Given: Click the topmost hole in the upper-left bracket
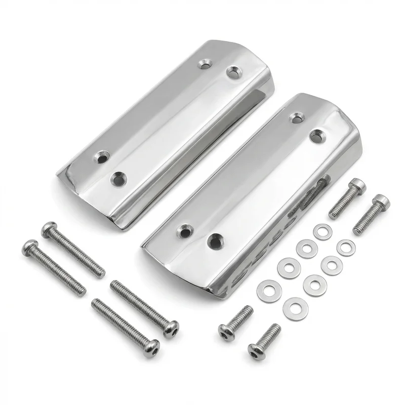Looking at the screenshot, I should [x=205, y=64].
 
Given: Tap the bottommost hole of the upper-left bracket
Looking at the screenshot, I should [x=119, y=178].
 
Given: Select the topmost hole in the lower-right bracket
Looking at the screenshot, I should [x=297, y=117].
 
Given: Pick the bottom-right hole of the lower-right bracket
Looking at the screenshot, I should [x=215, y=241].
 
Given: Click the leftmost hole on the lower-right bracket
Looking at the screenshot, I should [x=185, y=231].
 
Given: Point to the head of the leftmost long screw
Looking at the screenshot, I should [x=30, y=248].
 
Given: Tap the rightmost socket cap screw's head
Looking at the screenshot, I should [x=380, y=202].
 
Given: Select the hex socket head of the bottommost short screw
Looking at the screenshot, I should [x=256, y=351].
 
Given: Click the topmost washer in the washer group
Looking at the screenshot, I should [x=322, y=231].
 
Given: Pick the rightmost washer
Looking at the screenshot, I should [x=346, y=247].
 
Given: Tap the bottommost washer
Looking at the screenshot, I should [x=295, y=308].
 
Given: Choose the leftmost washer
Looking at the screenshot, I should [x=269, y=291].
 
